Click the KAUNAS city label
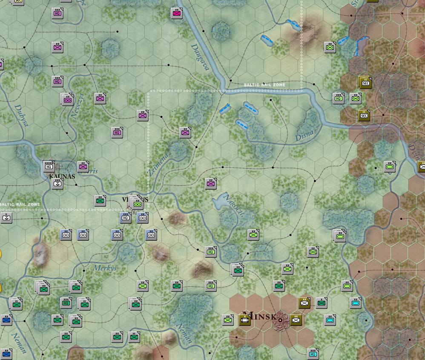point(62,176)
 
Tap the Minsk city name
point(261,316)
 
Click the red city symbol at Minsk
point(281,319)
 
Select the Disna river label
point(304,135)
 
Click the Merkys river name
point(105,268)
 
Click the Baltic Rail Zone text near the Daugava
point(264,85)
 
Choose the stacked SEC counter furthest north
point(365,83)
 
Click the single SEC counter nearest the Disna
point(364,115)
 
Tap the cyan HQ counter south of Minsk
point(313,354)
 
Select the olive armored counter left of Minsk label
point(245,320)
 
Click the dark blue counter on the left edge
point(6,320)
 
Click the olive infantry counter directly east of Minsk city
point(296,320)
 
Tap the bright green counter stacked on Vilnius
point(137,204)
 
